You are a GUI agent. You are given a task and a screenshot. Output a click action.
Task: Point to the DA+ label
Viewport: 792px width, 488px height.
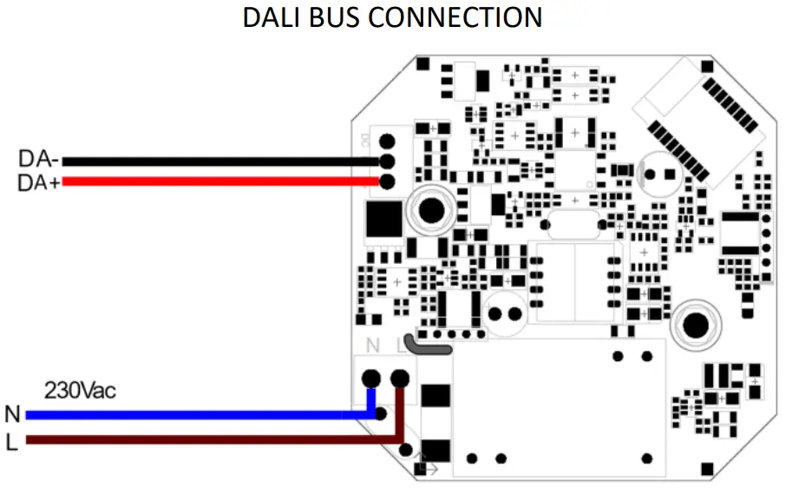click(39, 182)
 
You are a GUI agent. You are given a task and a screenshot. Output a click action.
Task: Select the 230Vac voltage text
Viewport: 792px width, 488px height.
click(80, 390)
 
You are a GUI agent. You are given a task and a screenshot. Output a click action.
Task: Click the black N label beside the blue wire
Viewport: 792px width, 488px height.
click(12, 414)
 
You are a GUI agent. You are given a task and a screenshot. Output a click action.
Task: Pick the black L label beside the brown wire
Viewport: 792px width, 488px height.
click(11, 441)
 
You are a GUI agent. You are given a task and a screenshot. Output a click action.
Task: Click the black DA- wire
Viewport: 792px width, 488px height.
click(217, 162)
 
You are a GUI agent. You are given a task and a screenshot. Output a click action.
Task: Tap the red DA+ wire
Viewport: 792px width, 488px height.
click(217, 181)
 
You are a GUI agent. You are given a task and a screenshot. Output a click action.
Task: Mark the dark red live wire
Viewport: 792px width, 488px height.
click(200, 440)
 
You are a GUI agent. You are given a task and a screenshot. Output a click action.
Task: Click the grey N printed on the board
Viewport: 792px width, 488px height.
click(372, 346)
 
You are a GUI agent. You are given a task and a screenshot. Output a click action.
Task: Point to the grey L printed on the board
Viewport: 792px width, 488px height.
click(400, 346)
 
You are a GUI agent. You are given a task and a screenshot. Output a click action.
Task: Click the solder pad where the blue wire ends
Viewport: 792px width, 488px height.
click(371, 378)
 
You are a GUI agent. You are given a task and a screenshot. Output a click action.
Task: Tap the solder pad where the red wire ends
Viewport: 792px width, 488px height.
click(387, 181)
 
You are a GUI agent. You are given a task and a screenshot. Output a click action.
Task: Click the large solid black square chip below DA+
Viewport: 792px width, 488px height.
click(384, 219)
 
